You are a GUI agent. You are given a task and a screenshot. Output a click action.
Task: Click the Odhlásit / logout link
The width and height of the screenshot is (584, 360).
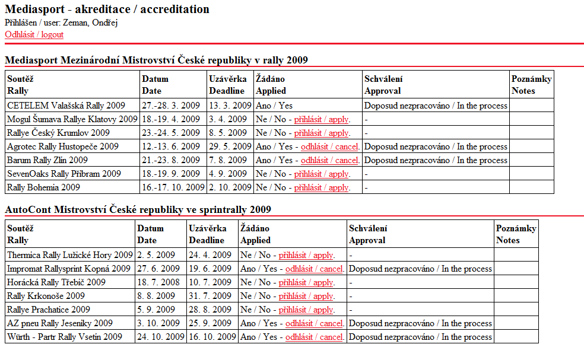click(34, 34)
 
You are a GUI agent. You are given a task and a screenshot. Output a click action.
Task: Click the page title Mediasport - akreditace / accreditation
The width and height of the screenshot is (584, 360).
click(107, 9)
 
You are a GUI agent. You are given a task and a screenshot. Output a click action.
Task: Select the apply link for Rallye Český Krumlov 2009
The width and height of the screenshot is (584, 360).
click(322, 133)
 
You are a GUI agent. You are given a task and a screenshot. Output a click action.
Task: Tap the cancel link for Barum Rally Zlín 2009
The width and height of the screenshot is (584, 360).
click(330, 160)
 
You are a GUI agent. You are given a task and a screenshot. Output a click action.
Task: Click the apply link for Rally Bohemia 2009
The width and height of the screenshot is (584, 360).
click(322, 187)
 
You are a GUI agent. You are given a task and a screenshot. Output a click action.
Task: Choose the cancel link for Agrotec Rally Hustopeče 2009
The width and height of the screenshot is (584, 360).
click(330, 146)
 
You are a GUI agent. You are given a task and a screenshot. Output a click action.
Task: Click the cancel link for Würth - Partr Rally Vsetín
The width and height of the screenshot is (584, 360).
click(315, 337)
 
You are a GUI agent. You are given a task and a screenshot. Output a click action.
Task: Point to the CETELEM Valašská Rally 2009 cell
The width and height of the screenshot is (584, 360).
click(66, 106)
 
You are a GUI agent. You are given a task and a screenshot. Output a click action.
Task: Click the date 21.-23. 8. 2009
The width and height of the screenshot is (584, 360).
click(171, 160)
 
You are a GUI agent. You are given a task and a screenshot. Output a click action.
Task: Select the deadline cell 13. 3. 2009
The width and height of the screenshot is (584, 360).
click(230, 106)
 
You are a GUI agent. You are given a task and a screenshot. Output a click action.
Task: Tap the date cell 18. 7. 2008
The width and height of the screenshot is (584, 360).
click(157, 282)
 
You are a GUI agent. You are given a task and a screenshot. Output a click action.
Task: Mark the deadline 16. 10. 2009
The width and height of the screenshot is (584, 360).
click(212, 337)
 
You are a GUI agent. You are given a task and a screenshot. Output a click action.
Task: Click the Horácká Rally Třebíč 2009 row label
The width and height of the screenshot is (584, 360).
click(56, 282)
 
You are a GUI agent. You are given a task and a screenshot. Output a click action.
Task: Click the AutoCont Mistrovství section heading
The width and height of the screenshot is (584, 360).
click(138, 209)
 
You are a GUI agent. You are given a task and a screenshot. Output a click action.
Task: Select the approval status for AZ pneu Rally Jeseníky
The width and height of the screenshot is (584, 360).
click(420, 323)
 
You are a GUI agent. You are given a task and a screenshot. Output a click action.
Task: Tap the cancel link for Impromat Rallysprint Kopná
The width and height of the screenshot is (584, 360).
click(315, 269)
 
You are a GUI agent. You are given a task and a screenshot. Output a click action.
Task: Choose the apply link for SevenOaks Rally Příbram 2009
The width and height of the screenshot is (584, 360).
click(322, 174)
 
